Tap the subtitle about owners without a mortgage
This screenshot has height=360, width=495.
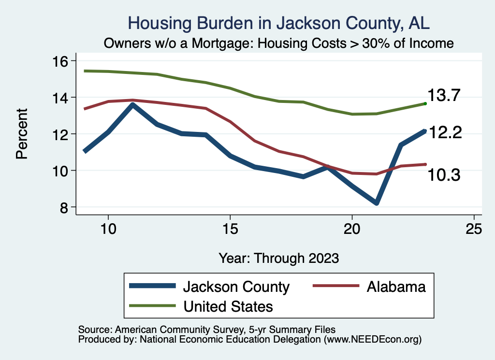(x=278, y=43)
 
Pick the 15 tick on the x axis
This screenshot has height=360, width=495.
(x=230, y=228)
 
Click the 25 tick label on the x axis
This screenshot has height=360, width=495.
(x=474, y=228)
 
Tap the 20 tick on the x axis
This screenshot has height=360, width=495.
(x=352, y=228)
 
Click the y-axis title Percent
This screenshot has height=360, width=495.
(x=22, y=134)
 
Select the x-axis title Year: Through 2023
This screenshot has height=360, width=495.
(x=278, y=258)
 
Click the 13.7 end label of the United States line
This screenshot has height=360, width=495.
(x=443, y=96)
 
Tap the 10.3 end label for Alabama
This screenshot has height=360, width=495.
(x=443, y=175)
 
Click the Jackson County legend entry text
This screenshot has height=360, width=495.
(x=236, y=287)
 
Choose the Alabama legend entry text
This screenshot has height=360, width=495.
(x=396, y=287)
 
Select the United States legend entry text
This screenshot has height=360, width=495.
(x=228, y=306)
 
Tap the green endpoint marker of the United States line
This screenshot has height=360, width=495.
(x=425, y=103)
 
